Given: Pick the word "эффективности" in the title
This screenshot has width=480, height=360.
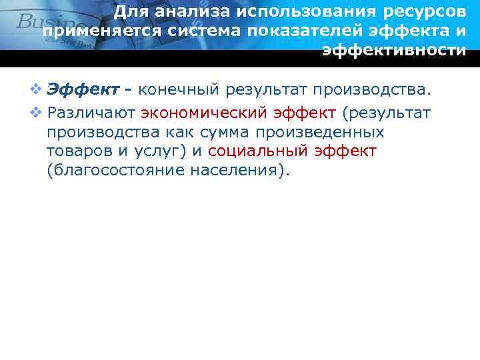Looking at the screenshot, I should pos(394,51).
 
